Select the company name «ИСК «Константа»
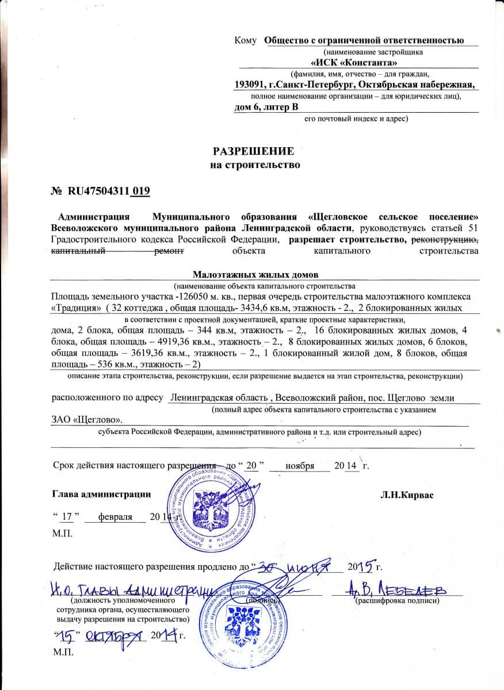[x=353, y=63]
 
